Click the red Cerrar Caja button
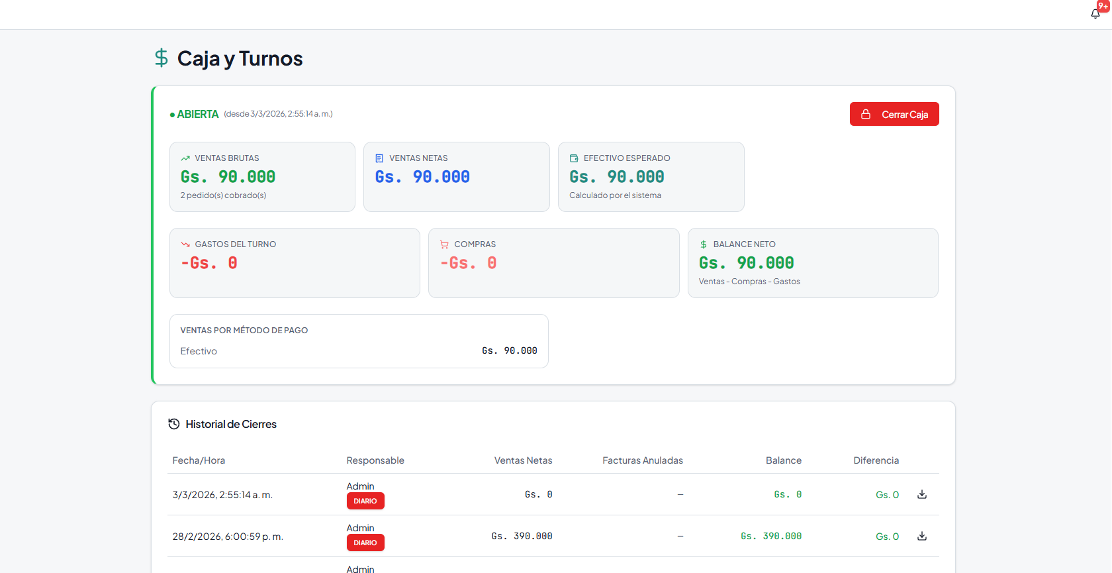click(894, 114)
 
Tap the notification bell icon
click(1095, 14)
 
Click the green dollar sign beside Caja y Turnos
click(161, 58)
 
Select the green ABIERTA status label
click(197, 115)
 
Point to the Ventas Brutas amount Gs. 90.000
click(228, 177)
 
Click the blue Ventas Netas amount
click(422, 177)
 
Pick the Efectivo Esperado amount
click(617, 177)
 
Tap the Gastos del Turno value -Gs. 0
click(209, 263)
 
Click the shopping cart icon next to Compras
click(444, 244)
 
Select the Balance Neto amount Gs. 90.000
click(746, 263)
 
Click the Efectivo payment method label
click(199, 351)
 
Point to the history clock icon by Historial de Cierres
click(173, 424)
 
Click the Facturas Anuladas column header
click(642, 460)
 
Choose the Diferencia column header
click(876, 460)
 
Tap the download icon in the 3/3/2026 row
click(922, 494)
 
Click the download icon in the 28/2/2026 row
click(922, 536)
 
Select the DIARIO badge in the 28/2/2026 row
click(365, 543)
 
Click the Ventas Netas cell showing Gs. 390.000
click(522, 536)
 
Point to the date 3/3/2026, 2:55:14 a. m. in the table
click(222, 494)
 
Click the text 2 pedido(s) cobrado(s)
click(224, 195)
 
